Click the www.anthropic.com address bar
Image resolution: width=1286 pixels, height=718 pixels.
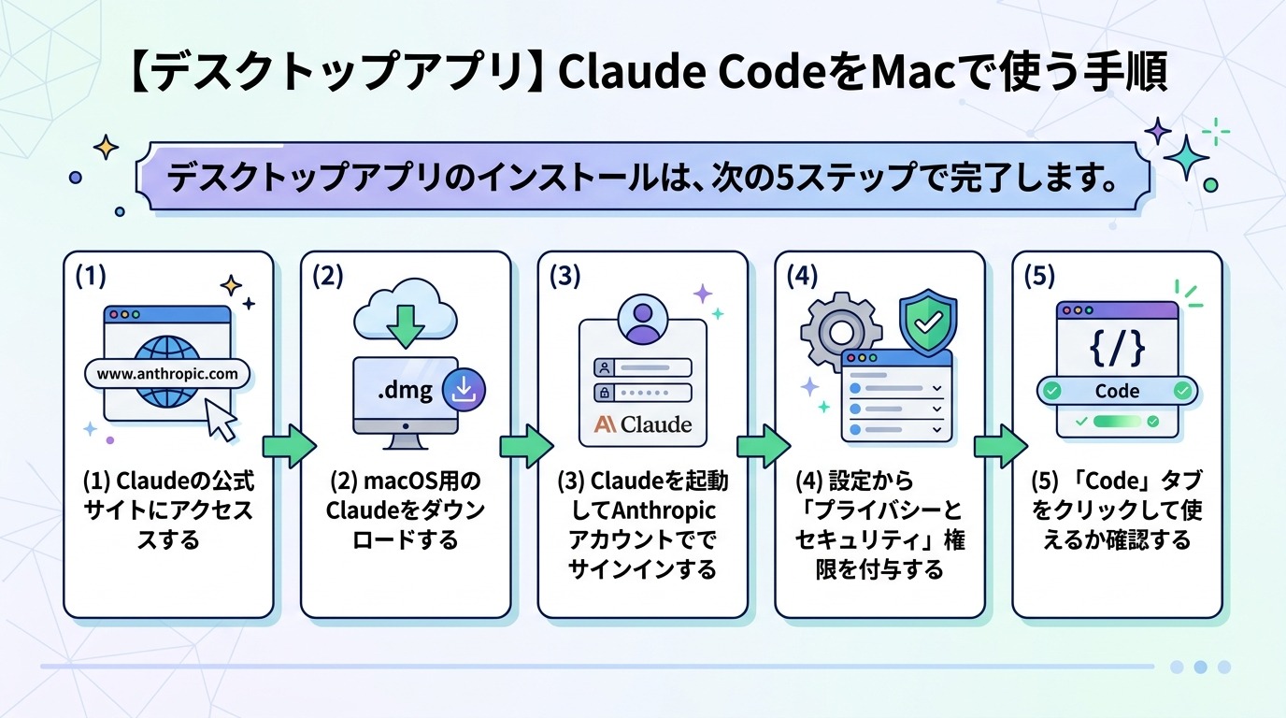tap(167, 374)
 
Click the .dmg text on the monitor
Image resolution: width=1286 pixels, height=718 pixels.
tap(405, 390)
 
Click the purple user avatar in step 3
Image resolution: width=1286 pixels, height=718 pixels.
tap(642, 321)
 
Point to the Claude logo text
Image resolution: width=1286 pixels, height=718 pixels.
tap(643, 424)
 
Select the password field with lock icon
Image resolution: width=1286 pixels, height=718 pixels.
tap(642, 393)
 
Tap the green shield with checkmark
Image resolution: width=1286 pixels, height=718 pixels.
tap(927, 323)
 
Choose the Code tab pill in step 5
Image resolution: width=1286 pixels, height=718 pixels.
tap(1117, 391)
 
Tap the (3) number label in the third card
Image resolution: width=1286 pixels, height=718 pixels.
tap(565, 276)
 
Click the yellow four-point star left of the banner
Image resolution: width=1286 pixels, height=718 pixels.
tap(106, 147)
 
